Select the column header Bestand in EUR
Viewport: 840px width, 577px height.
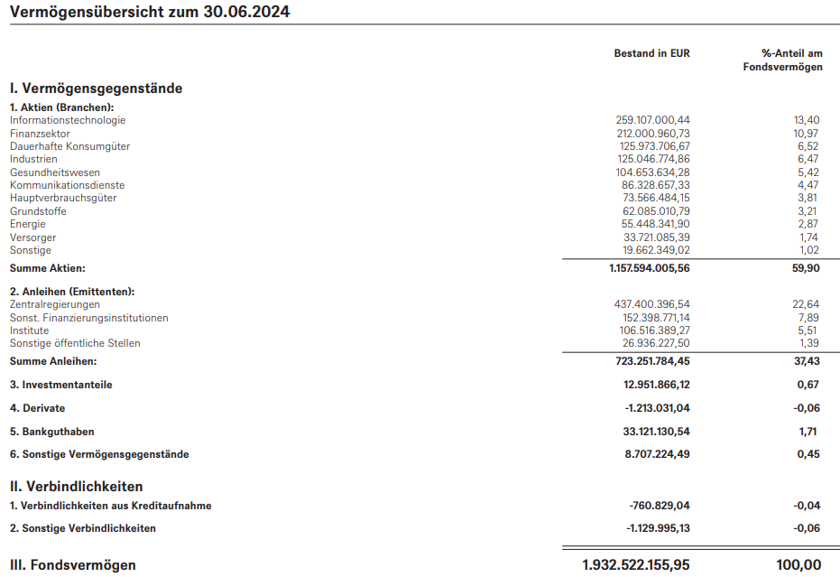(651, 53)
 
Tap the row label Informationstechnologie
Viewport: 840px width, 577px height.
(68, 120)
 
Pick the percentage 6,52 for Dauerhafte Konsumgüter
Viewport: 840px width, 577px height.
(808, 146)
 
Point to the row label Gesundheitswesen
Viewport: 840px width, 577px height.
(55, 172)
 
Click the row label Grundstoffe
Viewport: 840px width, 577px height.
(38, 211)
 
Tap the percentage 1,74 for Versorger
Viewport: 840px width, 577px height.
(808, 237)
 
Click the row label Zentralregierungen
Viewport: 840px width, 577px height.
(55, 304)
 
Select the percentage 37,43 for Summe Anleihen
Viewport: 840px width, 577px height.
(806, 361)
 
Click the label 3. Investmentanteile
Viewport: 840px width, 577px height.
(61, 385)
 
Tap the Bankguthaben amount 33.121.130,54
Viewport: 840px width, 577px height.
(655, 432)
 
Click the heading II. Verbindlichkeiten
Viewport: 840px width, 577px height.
(76, 487)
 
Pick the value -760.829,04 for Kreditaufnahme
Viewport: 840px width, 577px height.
(659, 506)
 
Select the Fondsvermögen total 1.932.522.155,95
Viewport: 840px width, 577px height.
(636, 565)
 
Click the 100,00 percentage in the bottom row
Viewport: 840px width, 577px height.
(799, 565)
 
